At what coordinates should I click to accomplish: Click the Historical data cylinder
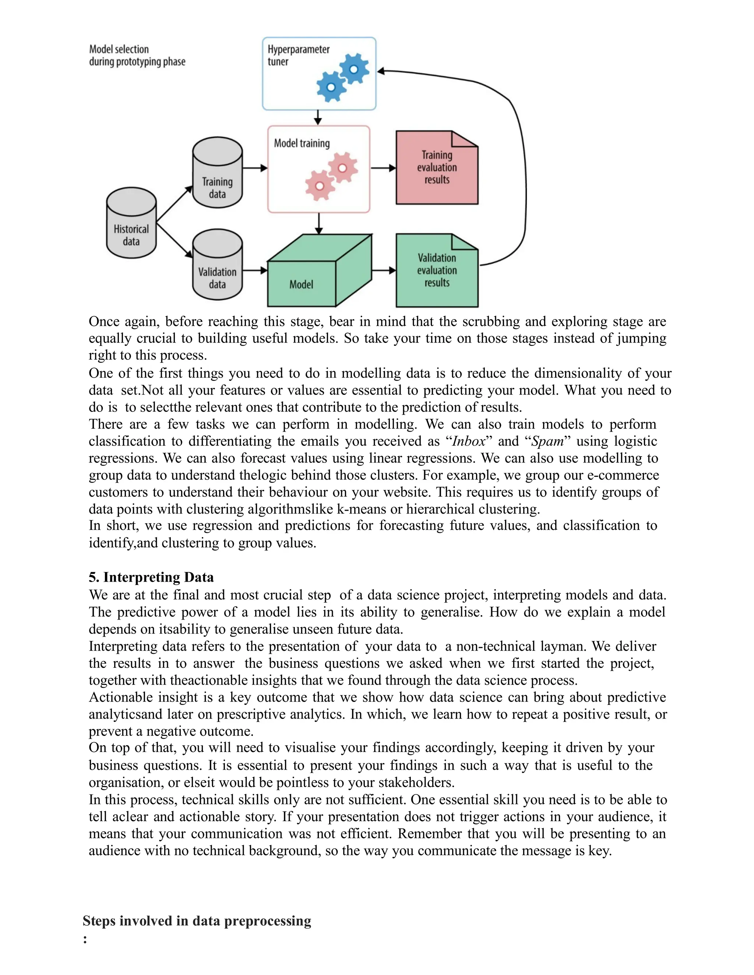tap(131, 223)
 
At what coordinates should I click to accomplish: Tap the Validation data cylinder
tap(218, 266)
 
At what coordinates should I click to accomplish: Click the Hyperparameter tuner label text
tap(298, 55)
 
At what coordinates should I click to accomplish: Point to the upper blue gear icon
tap(354, 69)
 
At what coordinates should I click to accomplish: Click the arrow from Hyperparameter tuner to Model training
tap(318, 117)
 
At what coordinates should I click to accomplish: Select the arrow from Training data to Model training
tap(255, 168)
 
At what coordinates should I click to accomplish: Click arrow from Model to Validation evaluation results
tap(383, 270)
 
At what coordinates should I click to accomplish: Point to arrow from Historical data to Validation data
tap(174, 241)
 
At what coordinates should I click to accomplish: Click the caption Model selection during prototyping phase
tap(137, 55)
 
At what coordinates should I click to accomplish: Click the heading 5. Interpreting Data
tap(151, 577)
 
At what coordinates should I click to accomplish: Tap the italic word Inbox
tap(469, 442)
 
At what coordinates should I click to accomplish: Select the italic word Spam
tap(547, 442)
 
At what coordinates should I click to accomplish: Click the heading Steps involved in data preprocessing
tap(197, 921)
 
